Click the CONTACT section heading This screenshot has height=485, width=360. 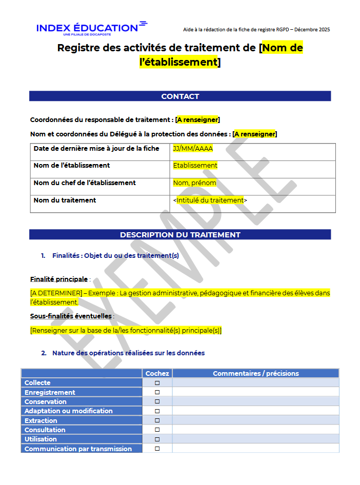tap(180, 96)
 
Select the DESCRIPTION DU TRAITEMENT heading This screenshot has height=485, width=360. tap(180, 235)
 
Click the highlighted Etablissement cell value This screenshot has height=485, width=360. tap(195, 166)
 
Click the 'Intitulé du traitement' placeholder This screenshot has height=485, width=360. tap(210, 200)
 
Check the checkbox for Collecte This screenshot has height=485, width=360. tap(157, 383)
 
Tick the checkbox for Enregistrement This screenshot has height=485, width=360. tap(157, 392)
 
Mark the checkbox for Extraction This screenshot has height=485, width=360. tap(157, 420)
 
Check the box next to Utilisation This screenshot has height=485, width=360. tap(157, 439)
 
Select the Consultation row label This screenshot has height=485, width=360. tap(45, 430)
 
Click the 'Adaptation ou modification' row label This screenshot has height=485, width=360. tap(68, 411)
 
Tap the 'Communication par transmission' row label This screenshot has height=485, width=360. tap(78, 449)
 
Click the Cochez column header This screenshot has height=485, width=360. tap(157, 374)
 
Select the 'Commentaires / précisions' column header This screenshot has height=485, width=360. tap(255, 374)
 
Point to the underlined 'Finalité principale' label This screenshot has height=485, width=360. tap(59, 279)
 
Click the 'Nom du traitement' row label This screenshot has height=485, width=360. tap(65, 200)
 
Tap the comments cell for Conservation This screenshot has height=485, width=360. tap(255, 402)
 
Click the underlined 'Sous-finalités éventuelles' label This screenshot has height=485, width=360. tap(71, 316)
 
